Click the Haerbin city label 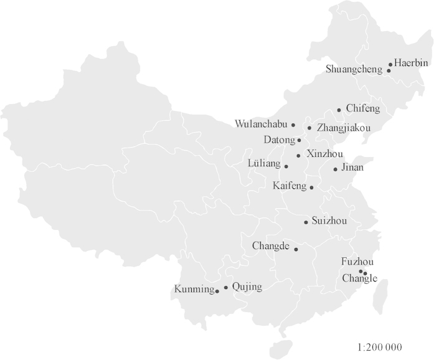[x=412, y=63]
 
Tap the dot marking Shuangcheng [x=389, y=71]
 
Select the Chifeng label [x=362, y=109]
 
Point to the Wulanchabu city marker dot [x=293, y=125]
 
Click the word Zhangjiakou [x=344, y=128]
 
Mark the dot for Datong [x=300, y=140]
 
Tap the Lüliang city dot [x=286, y=166]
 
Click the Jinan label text [x=352, y=168]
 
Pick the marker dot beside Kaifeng [x=312, y=187]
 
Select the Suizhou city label [x=329, y=221]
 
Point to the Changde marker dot [x=296, y=250]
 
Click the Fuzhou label [x=357, y=262]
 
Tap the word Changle [x=360, y=279]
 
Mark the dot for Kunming [x=217, y=291]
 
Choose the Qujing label [x=247, y=287]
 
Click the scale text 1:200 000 [x=380, y=347]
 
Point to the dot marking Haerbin [x=390, y=64]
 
